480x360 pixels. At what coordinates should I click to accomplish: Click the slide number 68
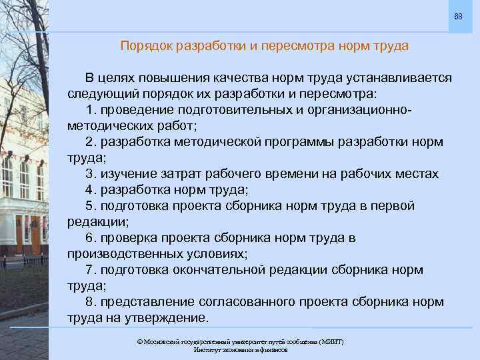click(458, 15)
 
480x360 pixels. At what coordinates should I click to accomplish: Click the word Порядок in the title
click(143, 46)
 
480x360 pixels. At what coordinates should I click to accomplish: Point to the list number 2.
click(90, 142)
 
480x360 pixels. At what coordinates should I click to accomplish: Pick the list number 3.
click(90, 174)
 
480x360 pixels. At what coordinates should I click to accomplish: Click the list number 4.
click(90, 189)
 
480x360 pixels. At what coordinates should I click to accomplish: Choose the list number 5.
click(90, 205)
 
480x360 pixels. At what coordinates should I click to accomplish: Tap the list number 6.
click(90, 237)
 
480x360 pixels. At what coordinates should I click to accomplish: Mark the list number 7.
click(90, 269)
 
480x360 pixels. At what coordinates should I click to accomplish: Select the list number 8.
click(90, 301)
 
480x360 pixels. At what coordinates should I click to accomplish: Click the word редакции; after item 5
click(98, 221)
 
